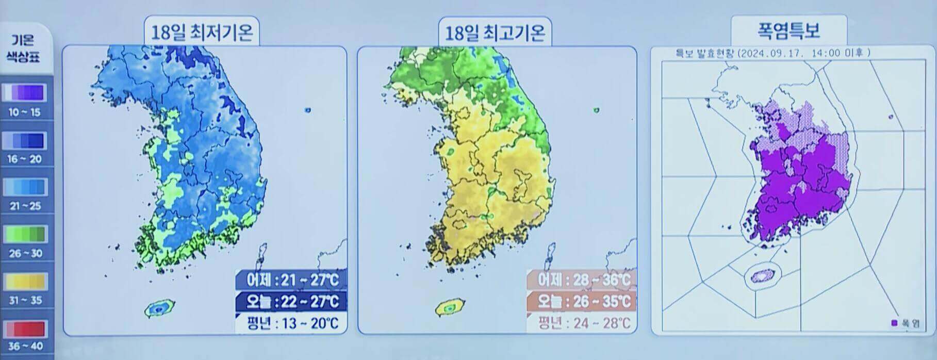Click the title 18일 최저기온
(202, 33)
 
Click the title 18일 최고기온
(495, 33)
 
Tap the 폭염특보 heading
(788, 30)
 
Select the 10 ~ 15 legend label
(25, 112)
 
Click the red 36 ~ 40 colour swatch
(25, 329)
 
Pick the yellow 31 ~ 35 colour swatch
(25, 282)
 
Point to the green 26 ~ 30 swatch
(25, 235)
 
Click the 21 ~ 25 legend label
(25, 206)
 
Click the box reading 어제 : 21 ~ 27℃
(292, 280)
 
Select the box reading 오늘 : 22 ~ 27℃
(292, 301)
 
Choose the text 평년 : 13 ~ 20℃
(292, 323)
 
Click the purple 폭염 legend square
(894, 323)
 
